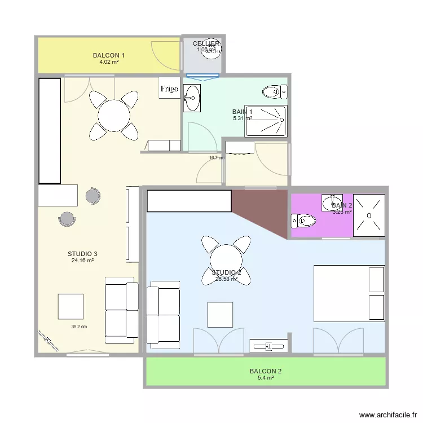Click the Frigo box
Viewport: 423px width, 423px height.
click(x=169, y=89)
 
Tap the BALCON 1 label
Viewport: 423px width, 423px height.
click(x=108, y=55)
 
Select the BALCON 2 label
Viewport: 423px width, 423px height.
click(x=265, y=371)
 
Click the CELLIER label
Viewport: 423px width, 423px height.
click(x=206, y=43)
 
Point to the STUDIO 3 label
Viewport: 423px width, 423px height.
click(x=82, y=254)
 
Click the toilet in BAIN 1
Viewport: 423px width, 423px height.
click(x=274, y=91)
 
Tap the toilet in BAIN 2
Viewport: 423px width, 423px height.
click(x=302, y=220)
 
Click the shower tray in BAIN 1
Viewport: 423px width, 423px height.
click(x=266, y=121)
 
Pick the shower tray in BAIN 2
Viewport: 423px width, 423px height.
click(x=369, y=215)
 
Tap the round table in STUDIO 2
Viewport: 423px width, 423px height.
click(x=226, y=259)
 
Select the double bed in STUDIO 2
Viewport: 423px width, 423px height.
click(x=349, y=293)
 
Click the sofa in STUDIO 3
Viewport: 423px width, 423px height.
click(x=121, y=307)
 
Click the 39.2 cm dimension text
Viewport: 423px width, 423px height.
click(x=79, y=327)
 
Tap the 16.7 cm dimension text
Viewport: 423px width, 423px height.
click(x=217, y=158)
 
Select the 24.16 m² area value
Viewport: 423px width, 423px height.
click(x=82, y=261)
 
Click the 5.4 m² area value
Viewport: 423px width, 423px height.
click(x=265, y=378)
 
